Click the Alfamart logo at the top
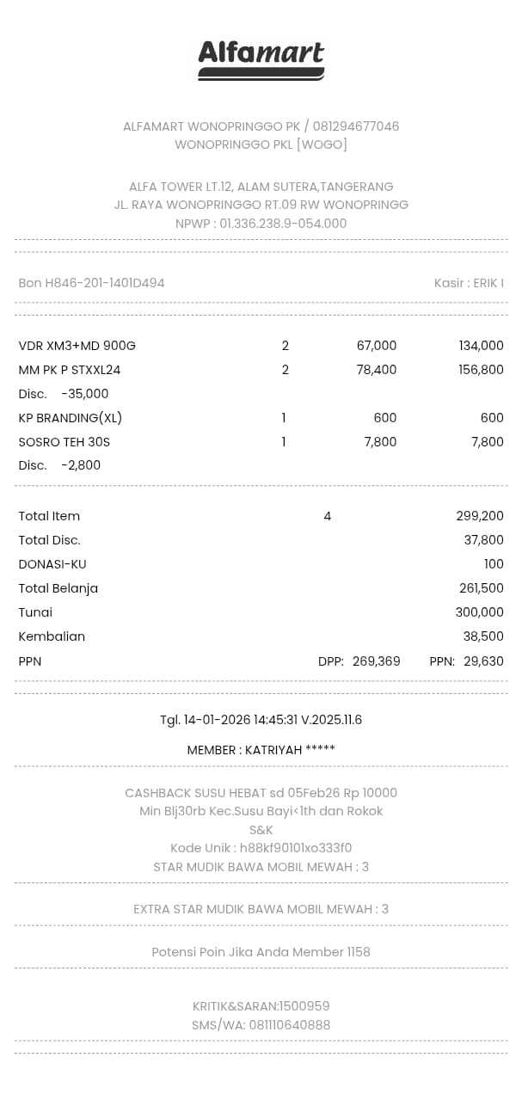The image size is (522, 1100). coord(261,60)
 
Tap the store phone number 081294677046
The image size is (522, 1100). coord(355,126)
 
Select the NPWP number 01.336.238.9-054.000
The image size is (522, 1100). coord(283,224)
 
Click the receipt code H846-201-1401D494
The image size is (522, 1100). coord(104,283)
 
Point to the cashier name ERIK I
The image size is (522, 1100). coord(488,283)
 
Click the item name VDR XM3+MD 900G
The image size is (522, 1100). coord(77,346)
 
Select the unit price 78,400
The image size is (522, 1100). coord(376,370)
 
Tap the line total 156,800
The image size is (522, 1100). coord(481,370)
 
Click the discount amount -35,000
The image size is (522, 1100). coord(84,394)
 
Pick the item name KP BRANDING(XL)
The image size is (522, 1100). coord(70,418)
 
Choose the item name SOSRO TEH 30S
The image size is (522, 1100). coord(64,442)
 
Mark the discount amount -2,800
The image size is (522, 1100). coord(81,465)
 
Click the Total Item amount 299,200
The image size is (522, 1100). coord(480,516)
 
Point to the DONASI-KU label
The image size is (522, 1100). coord(52,564)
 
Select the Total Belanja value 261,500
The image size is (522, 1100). coord(481,588)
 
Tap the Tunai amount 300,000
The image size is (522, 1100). coord(479,612)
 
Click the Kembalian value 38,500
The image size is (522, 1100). coord(483,636)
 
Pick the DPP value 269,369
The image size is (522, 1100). coord(376,661)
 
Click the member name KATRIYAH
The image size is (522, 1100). coord(273,750)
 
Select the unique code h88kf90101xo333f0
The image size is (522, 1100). coord(296,848)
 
